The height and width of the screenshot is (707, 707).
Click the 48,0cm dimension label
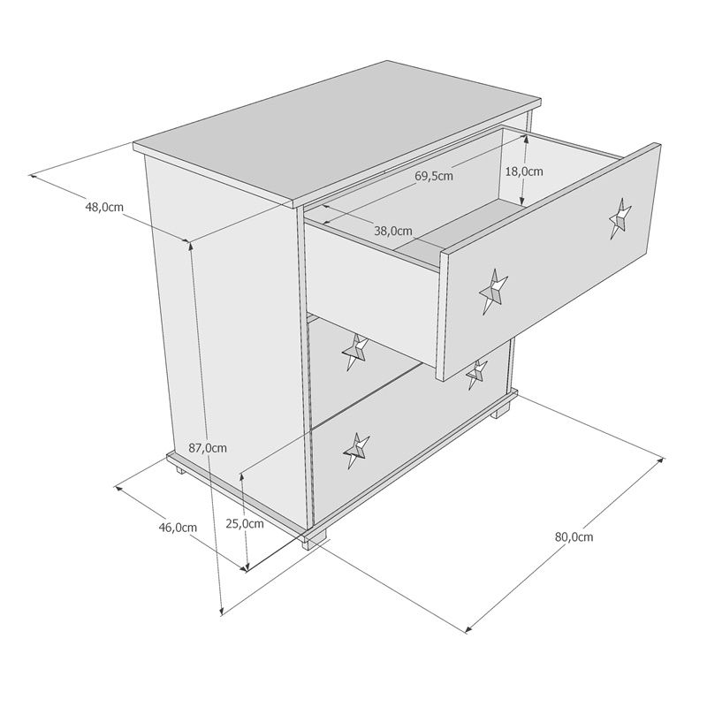pyautogui.click(x=104, y=208)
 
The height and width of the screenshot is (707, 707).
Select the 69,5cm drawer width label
pyautogui.click(x=434, y=176)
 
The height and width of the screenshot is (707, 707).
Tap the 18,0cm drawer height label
pyautogui.click(x=524, y=171)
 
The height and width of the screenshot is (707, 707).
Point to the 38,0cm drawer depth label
pyautogui.click(x=393, y=232)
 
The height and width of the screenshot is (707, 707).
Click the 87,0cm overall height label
pyautogui.click(x=208, y=448)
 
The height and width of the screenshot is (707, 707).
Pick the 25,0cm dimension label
pyautogui.click(x=245, y=523)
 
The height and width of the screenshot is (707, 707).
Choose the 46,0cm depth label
pyautogui.click(x=178, y=528)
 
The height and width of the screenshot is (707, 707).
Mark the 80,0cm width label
pyautogui.click(x=574, y=537)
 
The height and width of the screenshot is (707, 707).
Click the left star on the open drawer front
pyautogui.click(x=492, y=292)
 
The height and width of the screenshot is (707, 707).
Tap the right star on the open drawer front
pyautogui.click(x=620, y=217)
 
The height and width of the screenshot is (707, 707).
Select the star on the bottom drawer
pyautogui.click(x=356, y=450)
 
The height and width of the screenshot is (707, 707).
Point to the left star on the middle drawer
pyautogui.click(x=354, y=352)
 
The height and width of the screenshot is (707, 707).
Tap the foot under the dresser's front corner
pyautogui.click(x=315, y=540)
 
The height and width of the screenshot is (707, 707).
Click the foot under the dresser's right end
pyautogui.click(x=501, y=410)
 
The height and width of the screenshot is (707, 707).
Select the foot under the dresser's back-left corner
pyautogui.click(x=181, y=471)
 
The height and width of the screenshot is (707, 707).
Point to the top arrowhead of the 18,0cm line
pyautogui.click(x=525, y=141)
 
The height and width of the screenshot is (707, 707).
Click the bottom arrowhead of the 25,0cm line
pyautogui.click(x=247, y=567)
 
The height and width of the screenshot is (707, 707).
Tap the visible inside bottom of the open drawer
pyautogui.click(x=460, y=225)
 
